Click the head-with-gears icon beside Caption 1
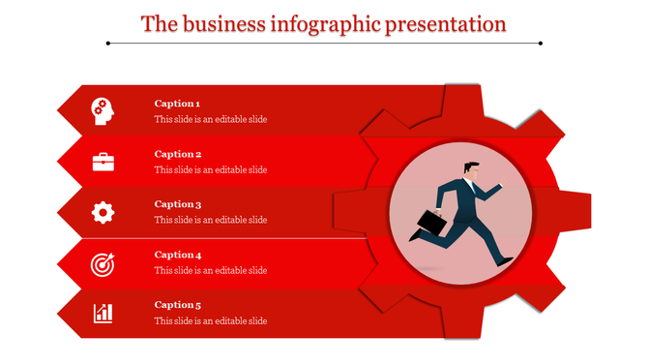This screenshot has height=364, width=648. (103, 111)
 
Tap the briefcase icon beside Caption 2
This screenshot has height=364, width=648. (103, 162)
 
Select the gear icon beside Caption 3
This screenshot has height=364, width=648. (103, 212)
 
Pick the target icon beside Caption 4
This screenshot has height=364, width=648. (103, 263)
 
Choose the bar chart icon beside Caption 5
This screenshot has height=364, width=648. (103, 313)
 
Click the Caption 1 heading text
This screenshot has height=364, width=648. (177, 104)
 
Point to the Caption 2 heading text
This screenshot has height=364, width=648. (178, 154)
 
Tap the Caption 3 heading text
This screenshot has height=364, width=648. (178, 204)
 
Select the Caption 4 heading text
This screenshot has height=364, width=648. (178, 255)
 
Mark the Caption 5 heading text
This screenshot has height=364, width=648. (178, 305)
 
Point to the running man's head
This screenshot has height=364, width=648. (469, 168)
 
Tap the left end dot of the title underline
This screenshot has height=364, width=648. (108, 44)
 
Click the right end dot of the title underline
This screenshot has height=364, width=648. (540, 44)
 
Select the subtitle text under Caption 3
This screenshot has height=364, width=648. (211, 220)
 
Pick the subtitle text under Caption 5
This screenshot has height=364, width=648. (211, 321)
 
